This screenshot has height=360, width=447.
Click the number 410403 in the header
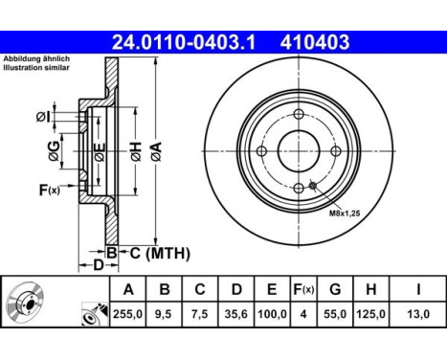(x=313, y=42)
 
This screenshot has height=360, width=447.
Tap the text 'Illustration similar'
(x=35, y=69)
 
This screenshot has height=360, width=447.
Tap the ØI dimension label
(x=44, y=116)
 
